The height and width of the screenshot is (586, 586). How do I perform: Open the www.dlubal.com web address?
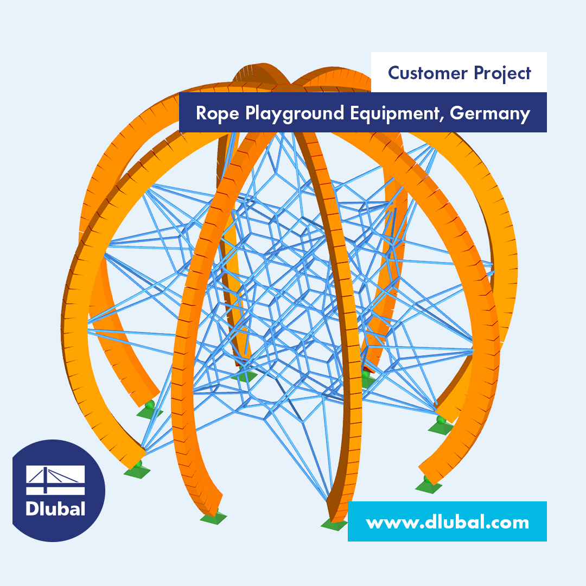447,522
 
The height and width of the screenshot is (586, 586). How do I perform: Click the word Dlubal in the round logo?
55,509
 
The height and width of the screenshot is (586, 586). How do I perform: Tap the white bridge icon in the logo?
55,480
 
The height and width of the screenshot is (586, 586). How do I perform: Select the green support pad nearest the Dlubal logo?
137,472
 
